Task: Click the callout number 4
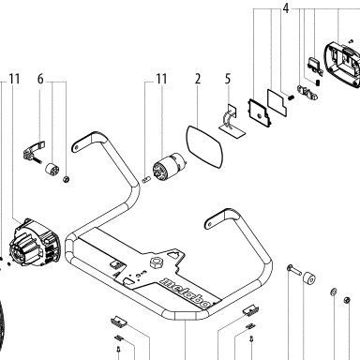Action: pos(286,8)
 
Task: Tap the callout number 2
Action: pos(198,79)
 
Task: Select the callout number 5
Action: pos(228,79)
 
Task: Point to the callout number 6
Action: pos(40,79)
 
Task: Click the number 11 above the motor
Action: pos(161,79)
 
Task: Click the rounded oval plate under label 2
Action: pos(204,147)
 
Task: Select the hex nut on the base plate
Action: pos(157,262)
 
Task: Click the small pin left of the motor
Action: pos(146,180)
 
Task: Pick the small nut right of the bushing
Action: pos(66,179)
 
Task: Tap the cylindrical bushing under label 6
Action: pos(52,170)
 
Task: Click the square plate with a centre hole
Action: pos(260,112)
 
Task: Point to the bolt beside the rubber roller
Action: pos(292,269)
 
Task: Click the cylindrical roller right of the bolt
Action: pos(308,277)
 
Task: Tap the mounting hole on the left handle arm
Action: pos(77,146)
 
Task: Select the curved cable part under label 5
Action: pos(228,121)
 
